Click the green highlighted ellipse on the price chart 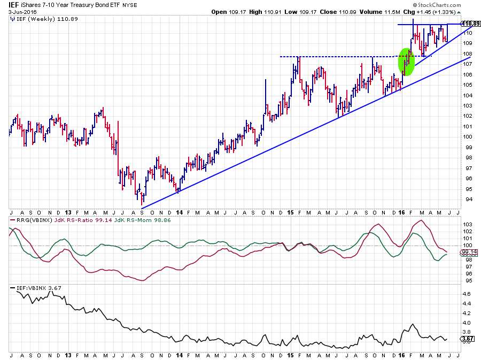pos(407,61)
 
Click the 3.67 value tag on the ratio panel pos(467,339)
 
